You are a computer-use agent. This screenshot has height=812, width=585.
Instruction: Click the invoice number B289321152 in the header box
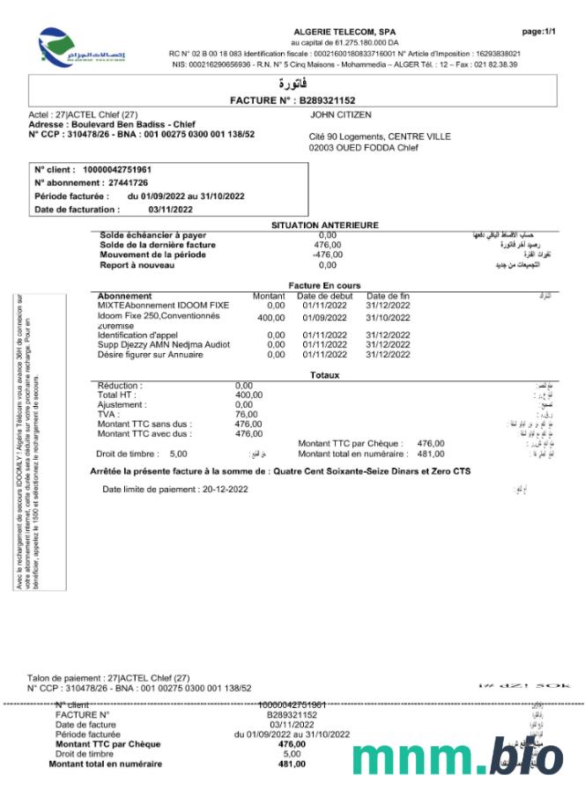(323, 101)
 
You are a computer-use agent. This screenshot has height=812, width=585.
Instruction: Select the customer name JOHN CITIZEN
(341, 115)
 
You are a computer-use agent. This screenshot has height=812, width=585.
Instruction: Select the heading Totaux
(324, 375)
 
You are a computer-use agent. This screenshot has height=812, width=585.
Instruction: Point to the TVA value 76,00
(246, 414)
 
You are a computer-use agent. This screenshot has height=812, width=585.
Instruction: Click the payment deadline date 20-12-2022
(225, 489)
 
